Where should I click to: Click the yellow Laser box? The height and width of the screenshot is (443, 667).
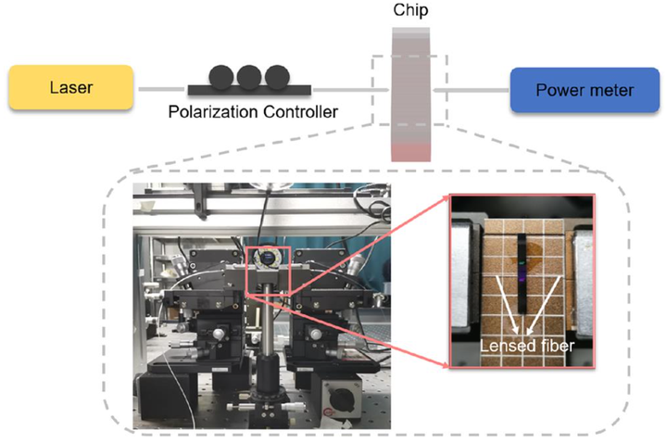click(71, 89)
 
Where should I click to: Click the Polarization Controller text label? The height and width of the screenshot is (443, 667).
click(249, 113)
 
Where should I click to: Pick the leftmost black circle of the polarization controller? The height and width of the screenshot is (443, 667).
click(224, 77)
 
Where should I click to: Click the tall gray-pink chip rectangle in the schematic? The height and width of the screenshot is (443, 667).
click(411, 93)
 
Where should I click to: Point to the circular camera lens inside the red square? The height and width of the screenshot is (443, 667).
click(267, 259)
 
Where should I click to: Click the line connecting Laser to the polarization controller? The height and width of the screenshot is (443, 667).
click(162, 89)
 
